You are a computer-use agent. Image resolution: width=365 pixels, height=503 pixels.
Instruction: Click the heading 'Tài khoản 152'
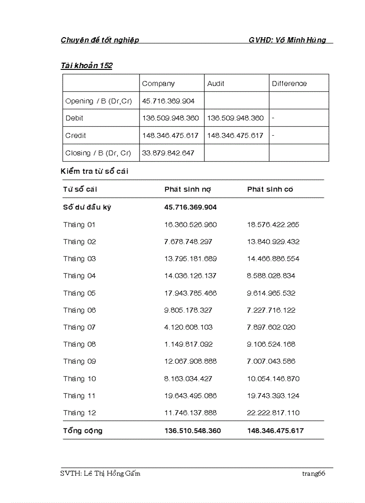point(86,66)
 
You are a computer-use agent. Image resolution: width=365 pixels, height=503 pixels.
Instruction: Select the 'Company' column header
point(158,84)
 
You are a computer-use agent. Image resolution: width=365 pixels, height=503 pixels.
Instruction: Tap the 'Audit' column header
point(216,84)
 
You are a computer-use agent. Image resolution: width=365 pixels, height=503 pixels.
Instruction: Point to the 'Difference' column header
point(289,84)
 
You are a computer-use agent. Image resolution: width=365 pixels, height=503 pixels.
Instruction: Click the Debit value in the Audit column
point(235,118)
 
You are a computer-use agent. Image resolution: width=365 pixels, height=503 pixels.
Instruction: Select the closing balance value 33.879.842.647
point(168,153)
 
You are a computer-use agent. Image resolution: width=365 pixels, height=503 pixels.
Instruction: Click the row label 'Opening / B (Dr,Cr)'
point(99,101)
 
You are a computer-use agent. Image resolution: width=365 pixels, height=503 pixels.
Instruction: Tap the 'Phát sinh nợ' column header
point(187,189)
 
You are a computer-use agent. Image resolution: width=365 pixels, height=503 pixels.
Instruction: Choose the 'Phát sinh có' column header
point(270,189)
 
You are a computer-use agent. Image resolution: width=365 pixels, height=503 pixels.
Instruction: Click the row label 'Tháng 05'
point(79,293)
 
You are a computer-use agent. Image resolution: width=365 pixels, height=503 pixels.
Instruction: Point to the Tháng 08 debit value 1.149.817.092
point(188,344)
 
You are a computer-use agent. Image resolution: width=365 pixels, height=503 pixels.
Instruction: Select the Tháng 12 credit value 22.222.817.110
point(273,413)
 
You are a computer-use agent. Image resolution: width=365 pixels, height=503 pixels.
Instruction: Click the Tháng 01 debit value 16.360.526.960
point(190,225)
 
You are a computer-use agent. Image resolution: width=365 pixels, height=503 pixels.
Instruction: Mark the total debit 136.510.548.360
point(192,431)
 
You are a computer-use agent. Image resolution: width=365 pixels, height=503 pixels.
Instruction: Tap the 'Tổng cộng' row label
point(83,431)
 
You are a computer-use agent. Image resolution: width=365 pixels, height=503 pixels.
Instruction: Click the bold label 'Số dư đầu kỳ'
point(87,207)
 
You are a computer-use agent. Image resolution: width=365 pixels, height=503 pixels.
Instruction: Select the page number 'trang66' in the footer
point(313,474)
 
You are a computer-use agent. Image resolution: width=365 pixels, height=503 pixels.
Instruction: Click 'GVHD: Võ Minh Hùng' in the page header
point(287,40)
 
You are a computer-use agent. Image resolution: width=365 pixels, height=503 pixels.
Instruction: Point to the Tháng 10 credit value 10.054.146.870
point(273,379)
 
